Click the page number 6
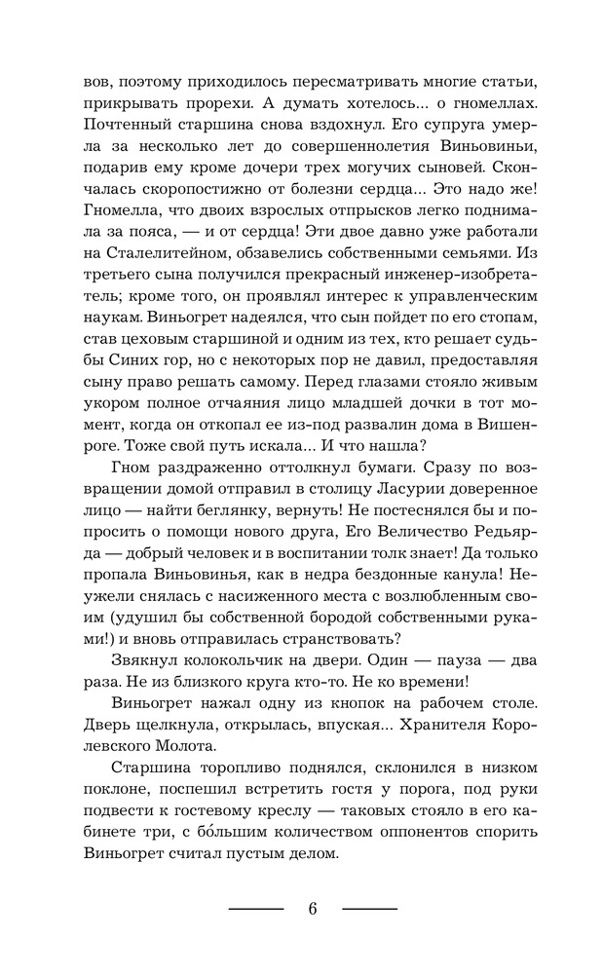click(313, 909)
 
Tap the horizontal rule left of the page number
click(255, 910)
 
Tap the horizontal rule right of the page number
click(370, 910)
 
